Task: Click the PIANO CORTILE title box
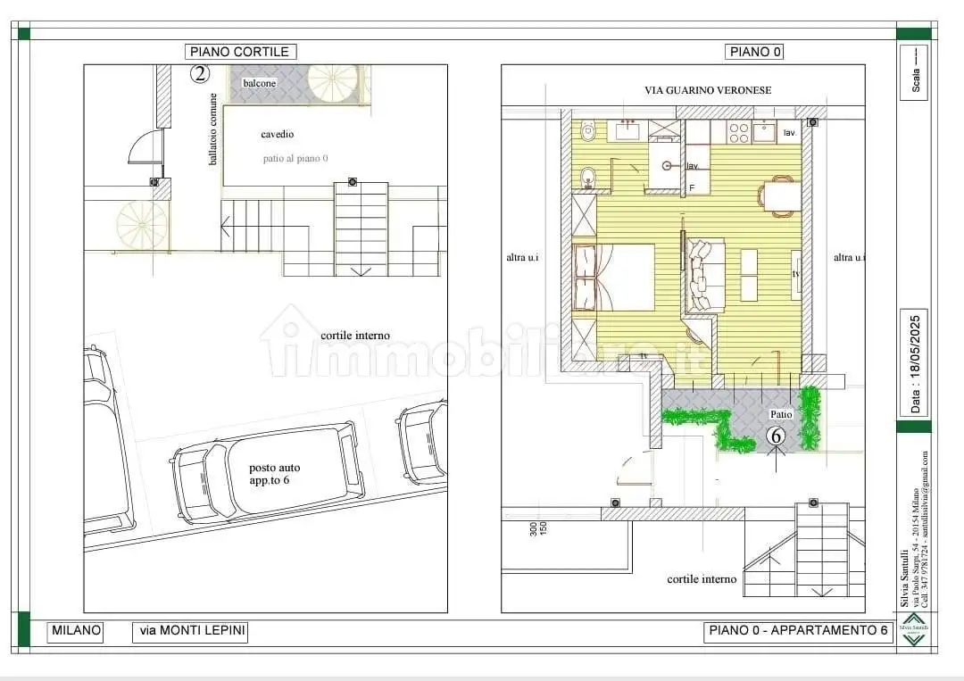[239, 52]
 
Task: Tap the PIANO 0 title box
[755, 52]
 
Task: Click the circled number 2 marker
[200, 74]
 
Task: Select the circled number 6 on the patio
[776, 436]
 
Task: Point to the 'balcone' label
[260, 83]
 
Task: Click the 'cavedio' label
[277, 134]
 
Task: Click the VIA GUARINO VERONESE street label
[708, 90]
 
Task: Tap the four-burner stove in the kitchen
[739, 132]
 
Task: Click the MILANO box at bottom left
[76, 631]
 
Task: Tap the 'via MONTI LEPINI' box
[190, 631]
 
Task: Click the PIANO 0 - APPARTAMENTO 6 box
[798, 631]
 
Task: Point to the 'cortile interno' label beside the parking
[354, 336]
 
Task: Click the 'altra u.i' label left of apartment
[523, 258]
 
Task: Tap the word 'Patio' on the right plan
[781, 414]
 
